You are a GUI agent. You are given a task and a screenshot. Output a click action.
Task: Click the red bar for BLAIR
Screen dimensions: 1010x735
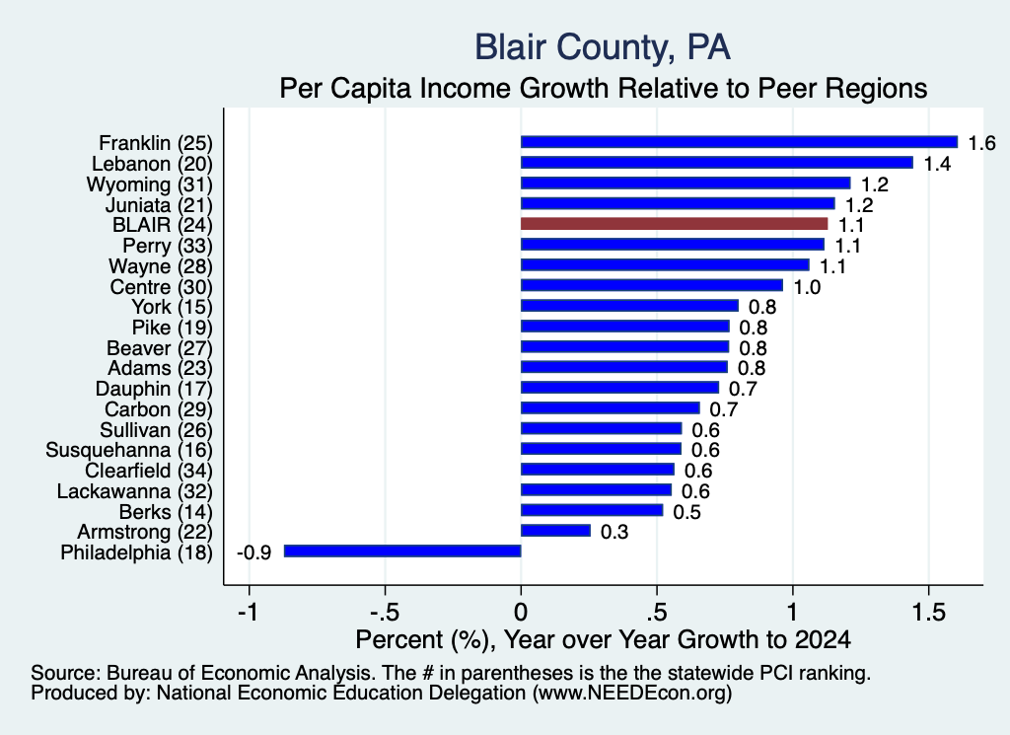(674, 224)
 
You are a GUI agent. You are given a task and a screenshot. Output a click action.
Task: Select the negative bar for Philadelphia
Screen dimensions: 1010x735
(402, 551)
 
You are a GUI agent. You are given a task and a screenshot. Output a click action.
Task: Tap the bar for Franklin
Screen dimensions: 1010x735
(739, 142)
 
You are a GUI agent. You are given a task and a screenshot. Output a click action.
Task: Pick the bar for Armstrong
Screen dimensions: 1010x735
(555, 531)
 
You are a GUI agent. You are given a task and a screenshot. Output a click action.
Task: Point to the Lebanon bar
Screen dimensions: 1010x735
(717, 163)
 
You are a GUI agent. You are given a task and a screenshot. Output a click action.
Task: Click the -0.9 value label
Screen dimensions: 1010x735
(253, 552)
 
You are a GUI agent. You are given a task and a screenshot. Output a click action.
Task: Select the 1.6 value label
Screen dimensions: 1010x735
(981, 143)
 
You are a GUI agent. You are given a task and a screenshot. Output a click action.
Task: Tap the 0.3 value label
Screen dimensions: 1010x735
(613, 532)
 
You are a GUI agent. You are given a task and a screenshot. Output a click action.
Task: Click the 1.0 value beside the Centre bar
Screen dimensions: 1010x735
(807, 287)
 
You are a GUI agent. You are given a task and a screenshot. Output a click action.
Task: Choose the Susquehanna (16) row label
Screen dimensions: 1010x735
(129, 450)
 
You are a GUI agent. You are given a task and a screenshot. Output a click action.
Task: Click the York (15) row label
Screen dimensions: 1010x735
(172, 307)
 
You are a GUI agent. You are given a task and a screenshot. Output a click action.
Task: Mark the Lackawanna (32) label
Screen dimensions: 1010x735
(134, 491)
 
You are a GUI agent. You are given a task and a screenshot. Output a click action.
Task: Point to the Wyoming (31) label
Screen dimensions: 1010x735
(150, 184)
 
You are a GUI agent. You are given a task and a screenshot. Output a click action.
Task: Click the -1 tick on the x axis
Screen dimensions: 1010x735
(248, 612)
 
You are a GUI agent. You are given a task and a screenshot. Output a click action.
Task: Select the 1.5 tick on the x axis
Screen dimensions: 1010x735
(929, 612)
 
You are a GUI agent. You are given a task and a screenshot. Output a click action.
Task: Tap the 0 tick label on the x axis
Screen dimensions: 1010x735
(521, 612)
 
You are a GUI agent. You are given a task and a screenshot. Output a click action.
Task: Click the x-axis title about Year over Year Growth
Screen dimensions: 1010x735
(603, 639)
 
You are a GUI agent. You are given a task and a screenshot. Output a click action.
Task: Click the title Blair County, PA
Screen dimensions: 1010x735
(603, 47)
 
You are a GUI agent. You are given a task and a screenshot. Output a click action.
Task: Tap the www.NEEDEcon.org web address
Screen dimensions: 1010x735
(632, 694)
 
